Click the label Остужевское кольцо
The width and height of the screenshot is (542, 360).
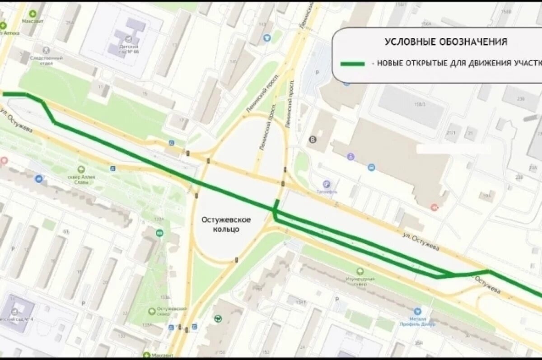coord(226,224)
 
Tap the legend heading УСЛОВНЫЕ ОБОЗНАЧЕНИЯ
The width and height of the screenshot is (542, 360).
coord(446,42)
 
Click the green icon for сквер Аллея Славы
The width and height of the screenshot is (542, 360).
coord(81,169)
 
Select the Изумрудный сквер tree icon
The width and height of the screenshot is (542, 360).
coord(360,271)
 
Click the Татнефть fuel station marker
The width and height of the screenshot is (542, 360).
coord(327,184)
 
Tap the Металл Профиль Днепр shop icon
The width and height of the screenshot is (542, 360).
coord(417,311)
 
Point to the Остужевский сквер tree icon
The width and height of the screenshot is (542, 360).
coord(152,311)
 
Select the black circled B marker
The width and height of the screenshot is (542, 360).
coord(311,140)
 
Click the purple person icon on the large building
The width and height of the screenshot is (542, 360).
coord(351,157)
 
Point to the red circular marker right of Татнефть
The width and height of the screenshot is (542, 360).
coord(435,207)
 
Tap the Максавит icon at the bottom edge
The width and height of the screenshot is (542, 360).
coord(147,355)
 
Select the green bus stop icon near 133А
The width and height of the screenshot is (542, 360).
coord(159,233)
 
